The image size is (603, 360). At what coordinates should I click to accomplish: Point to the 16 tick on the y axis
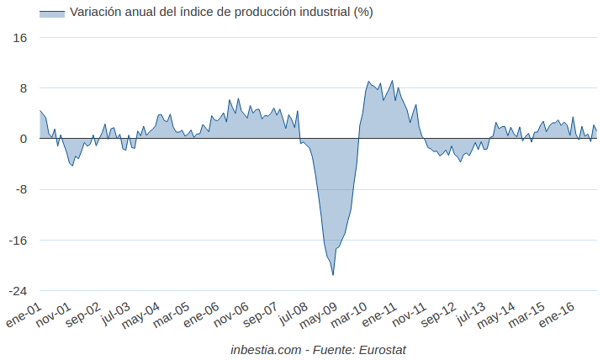coord(20,38)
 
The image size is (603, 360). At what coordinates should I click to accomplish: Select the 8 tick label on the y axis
coord(24,88)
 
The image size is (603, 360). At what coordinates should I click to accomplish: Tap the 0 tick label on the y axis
coord(24,139)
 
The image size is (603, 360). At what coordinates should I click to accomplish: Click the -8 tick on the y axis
coord(21,189)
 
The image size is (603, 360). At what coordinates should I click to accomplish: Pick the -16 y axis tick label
coord(18,240)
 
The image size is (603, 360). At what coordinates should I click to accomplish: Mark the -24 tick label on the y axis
coord(18,290)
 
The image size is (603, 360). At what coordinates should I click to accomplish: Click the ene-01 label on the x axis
coord(24,317)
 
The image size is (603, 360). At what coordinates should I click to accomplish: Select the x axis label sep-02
coord(82,317)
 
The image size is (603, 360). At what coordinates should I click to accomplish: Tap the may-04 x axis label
coord(141,317)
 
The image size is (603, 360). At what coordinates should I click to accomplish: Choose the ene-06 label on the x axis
coord(200,317)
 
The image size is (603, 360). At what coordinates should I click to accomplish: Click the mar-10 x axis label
coord(347,317)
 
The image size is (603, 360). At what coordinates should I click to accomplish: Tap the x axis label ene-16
coord(555,317)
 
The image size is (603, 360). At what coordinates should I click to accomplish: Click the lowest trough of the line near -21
coord(333,274)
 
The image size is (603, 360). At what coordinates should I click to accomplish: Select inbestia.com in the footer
coord(265,348)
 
